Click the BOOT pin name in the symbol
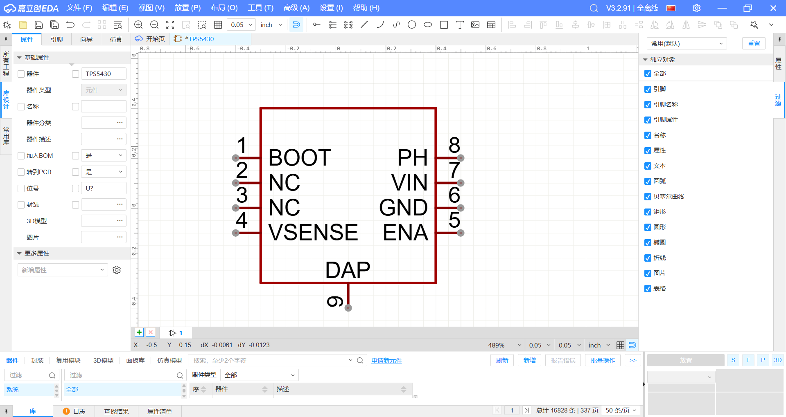click(300, 158)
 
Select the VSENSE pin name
click(313, 233)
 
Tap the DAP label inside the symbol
click(348, 270)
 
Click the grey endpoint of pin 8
click(461, 158)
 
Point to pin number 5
click(454, 220)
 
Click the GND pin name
click(403, 208)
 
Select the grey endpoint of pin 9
click(348, 307)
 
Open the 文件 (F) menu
click(79, 8)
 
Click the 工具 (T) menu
click(260, 8)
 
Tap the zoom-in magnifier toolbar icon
click(138, 25)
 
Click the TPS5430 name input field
click(104, 74)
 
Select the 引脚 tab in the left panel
click(56, 39)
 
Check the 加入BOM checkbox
click(21, 156)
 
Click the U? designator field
click(104, 188)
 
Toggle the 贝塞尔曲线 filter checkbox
click(648, 197)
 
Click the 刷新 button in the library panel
click(502, 360)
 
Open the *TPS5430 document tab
click(199, 39)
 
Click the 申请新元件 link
click(386, 361)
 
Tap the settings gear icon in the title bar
click(696, 8)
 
